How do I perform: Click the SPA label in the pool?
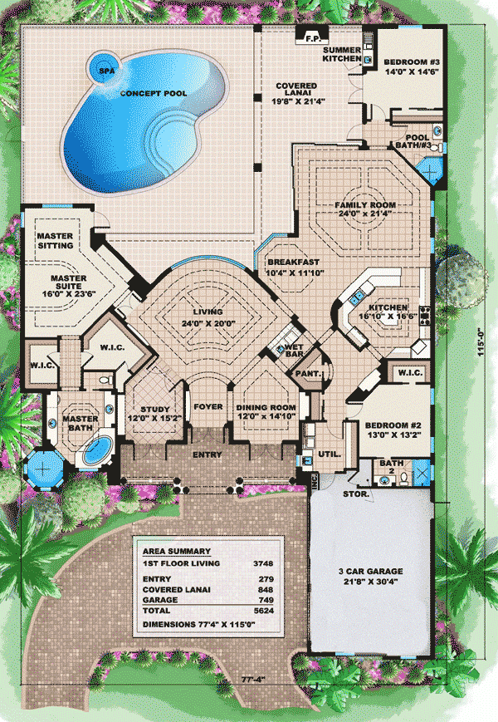[x=107, y=71]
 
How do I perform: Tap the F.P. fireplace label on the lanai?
[x=312, y=39]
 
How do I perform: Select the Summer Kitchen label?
[x=342, y=54]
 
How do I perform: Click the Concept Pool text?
[x=154, y=94]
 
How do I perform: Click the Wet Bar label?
[x=294, y=351]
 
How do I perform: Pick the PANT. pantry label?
[x=308, y=373]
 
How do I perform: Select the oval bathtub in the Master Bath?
[x=99, y=450]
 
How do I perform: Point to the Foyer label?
[x=208, y=407]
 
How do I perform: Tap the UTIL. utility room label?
[x=330, y=454]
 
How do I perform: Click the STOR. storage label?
[x=356, y=494]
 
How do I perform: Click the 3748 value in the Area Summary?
[x=263, y=563]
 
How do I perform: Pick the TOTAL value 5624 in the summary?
[x=263, y=611]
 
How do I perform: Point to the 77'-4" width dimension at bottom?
[x=253, y=679]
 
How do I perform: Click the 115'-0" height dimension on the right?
[x=481, y=341]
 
